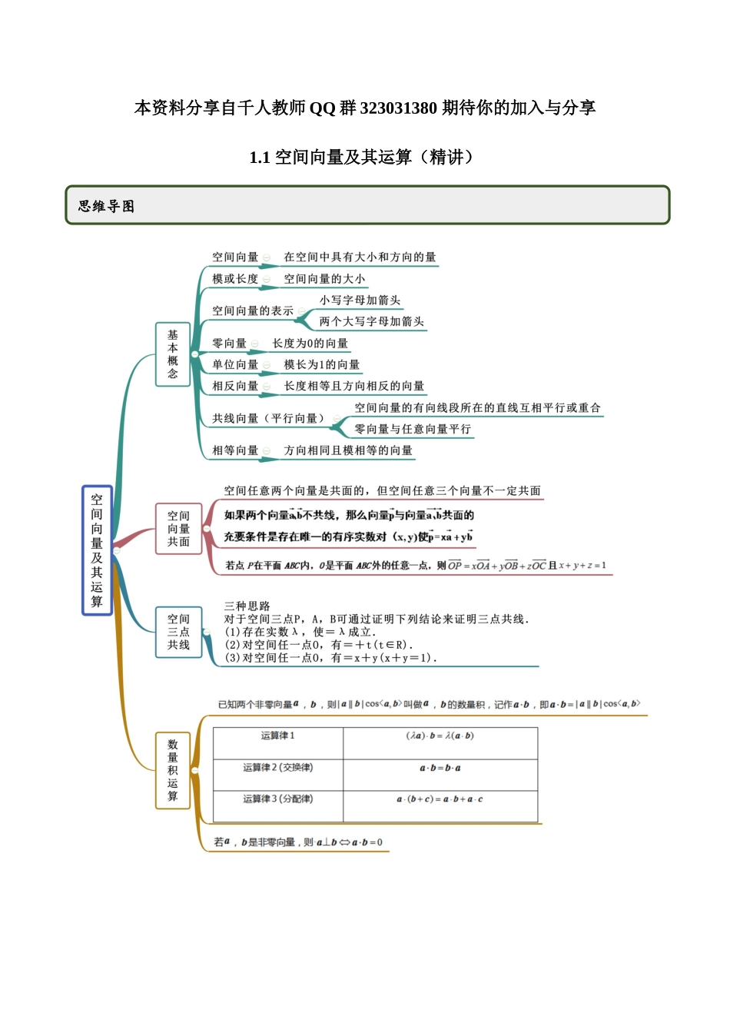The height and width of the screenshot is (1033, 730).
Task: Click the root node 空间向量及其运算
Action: tap(97, 550)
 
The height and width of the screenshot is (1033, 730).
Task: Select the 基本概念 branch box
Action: tap(173, 354)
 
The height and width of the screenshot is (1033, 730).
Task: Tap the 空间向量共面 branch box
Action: tap(178, 529)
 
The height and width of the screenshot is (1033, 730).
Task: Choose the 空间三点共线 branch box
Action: tap(178, 632)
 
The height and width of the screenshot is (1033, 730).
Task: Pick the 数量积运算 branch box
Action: tap(173, 770)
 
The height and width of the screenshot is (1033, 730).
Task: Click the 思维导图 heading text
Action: tap(106, 206)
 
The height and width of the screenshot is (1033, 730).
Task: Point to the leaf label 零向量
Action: tap(229, 344)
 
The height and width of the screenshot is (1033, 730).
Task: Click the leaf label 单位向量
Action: tap(235, 365)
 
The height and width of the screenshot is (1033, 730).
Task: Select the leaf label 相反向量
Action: tap(235, 387)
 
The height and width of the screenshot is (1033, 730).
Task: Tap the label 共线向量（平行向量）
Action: tap(268, 419)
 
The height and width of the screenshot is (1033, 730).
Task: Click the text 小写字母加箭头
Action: tap(360, 301)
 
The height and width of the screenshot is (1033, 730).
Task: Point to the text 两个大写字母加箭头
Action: tap(372, 322)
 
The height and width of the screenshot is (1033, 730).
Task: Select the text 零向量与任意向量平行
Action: tap(413, 430)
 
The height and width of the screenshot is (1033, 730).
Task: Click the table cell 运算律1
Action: tap(277, 736)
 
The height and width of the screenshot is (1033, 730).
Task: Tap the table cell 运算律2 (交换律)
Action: tap(277, 768)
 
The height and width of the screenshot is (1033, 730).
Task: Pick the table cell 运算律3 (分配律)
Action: tap(277, 799)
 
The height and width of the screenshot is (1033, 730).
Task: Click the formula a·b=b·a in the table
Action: tap(440, 769)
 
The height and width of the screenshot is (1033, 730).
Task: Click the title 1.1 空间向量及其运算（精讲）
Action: tap(364, 158)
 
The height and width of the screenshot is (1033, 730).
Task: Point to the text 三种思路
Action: tap(247, 606)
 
